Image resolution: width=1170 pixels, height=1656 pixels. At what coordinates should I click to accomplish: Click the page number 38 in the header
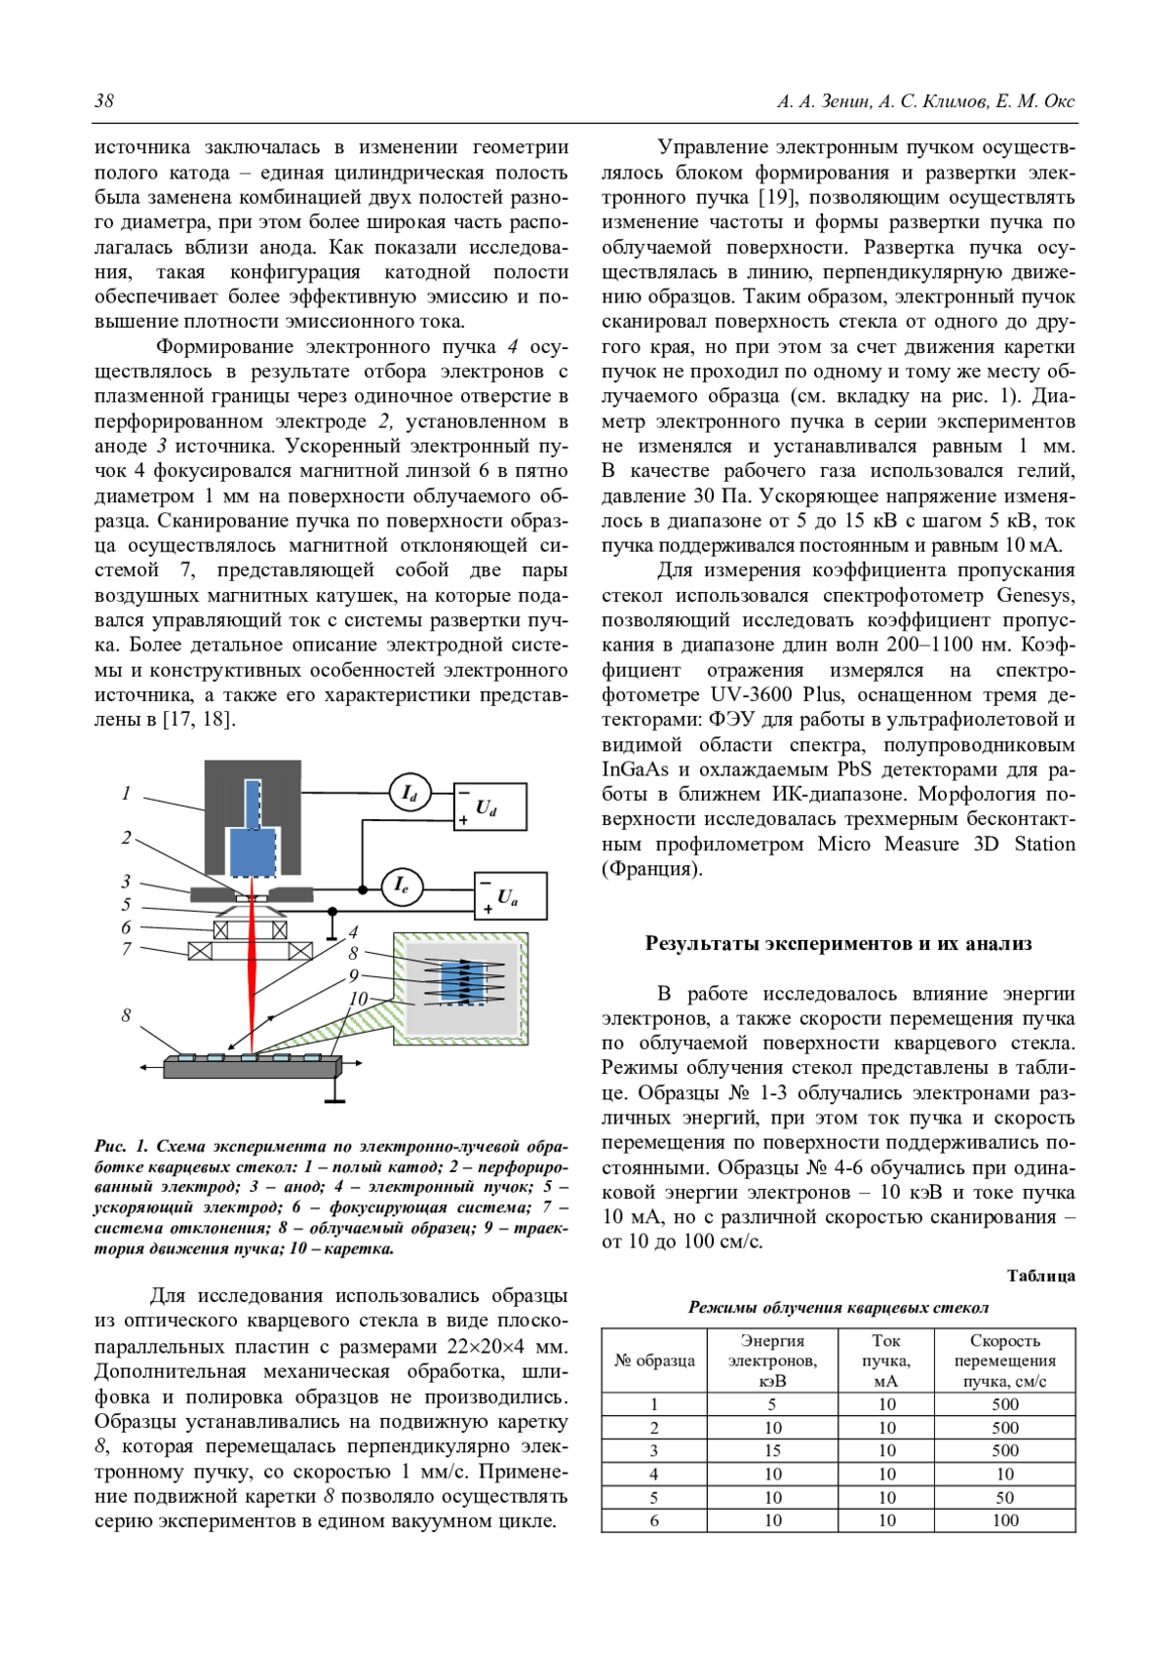pyautogui.click(x=104, y=101)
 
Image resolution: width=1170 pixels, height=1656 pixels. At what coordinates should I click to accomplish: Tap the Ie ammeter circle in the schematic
pyautogui.click(x=401, y=886)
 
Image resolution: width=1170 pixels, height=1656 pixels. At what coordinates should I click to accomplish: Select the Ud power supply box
pyautogui.click(x=490, y=807)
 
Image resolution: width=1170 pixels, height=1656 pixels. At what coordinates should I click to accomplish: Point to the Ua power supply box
pyautogui.click(x=510, y=895)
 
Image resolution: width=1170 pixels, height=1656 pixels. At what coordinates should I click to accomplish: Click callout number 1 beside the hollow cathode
pyautogui.click(x=126, y=794)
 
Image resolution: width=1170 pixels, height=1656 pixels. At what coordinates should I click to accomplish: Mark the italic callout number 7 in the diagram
pyautogui.click(x=126, y=948)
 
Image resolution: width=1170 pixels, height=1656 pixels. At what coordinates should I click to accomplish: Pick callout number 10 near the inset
pyautogui.click(x=358, y=999)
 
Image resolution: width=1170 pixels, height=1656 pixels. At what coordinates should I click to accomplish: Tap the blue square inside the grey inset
pyautogui.click(x=462, y=983)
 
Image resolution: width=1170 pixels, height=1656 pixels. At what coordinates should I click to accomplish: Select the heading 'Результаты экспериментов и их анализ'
pyautogui.click(x=838, y=943)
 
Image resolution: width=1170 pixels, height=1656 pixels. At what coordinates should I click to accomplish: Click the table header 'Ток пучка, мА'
pyautogui.click(x=886, y=1360)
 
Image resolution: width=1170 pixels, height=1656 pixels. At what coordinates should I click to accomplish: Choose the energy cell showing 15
pyautogui.click(x=772, y=1451)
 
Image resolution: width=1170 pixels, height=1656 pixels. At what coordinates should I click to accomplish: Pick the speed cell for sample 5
pyautogui.click(x=1005, y=1497)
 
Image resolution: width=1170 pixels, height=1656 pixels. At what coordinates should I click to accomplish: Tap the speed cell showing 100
pyautogui.click(x=1005, y=1520)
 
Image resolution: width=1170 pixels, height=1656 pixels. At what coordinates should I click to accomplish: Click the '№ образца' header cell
pyautogui.click(x=654, y=1360)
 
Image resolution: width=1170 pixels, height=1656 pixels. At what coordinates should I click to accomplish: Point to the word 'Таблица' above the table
pyautogui.click(x=1040, y=1276)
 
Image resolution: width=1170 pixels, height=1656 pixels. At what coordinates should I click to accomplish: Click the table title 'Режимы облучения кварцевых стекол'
pyautogui.click(x=838, y=1308)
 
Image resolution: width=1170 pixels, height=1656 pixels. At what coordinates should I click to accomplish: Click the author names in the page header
pyautogui.click(x=925, y=101)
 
